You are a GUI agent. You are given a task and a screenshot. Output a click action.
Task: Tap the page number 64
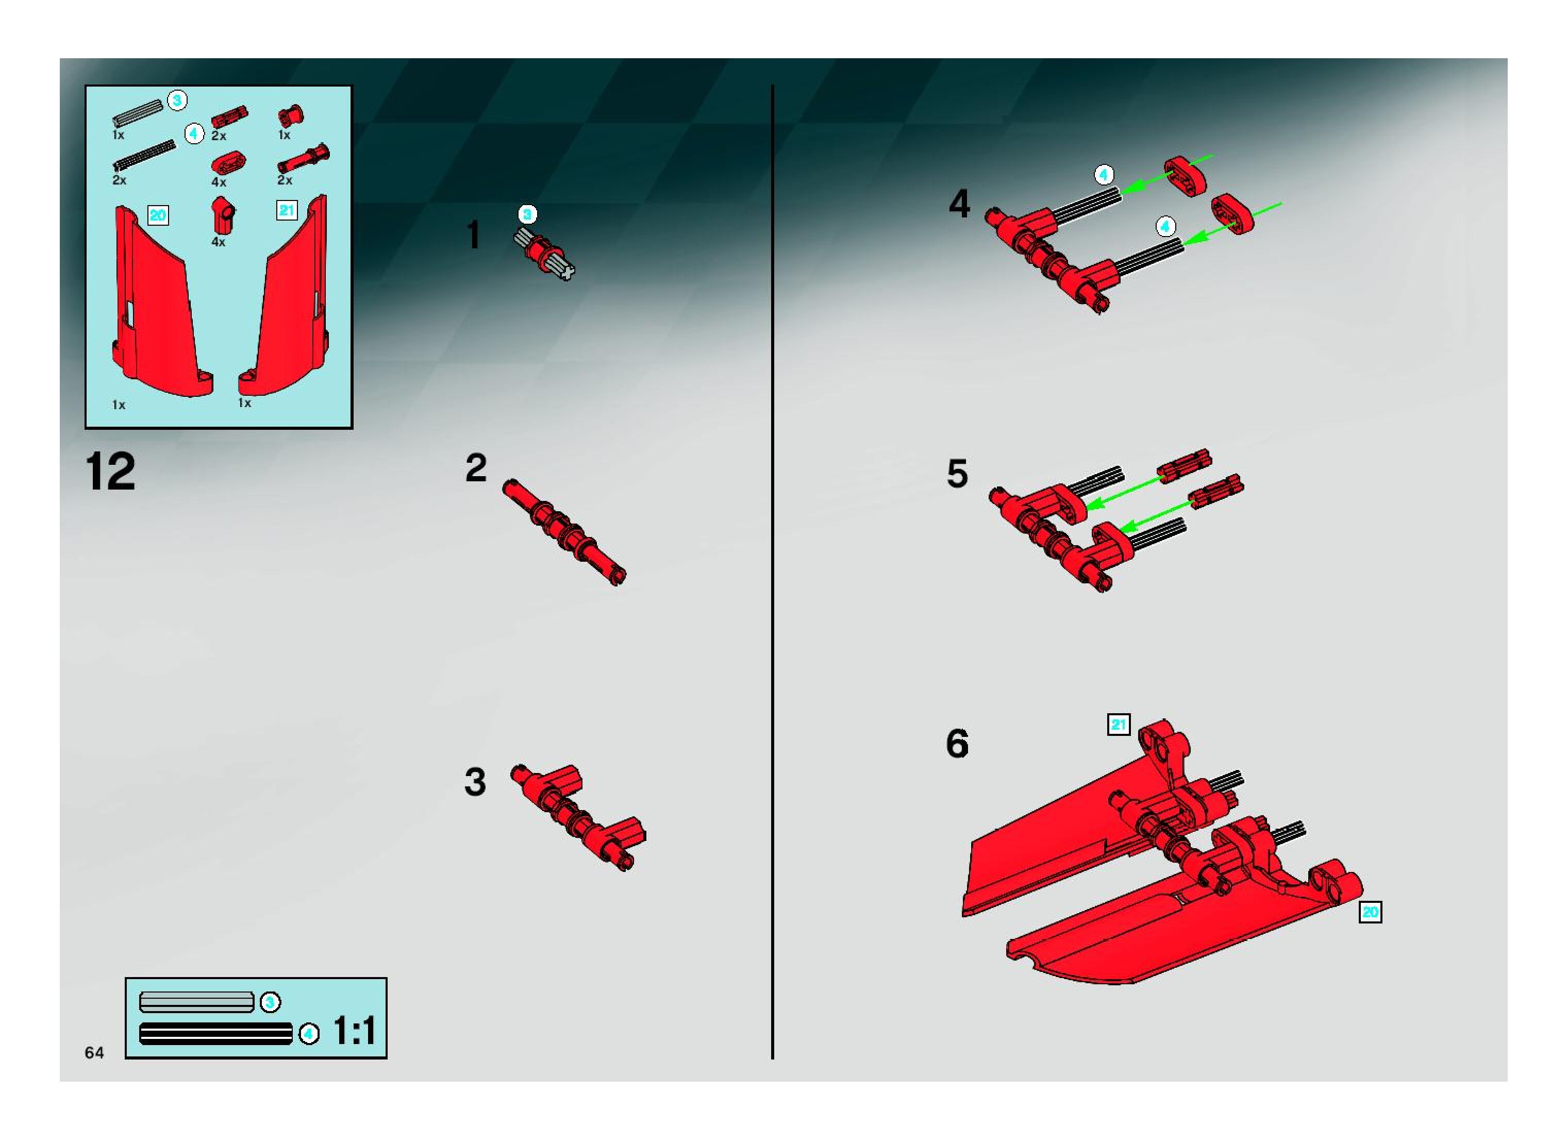coord(94,1052)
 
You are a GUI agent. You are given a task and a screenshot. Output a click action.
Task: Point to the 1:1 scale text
coord(355,1031)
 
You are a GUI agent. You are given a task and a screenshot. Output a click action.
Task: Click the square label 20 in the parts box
coord(158,215)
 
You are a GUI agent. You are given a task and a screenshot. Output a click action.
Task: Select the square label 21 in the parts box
coord(287,210)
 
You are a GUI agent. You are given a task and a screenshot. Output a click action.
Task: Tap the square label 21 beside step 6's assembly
coord(1119,725)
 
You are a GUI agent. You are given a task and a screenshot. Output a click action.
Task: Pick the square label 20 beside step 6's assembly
coord(1371,912)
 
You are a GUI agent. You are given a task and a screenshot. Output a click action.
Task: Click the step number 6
coord(957,744)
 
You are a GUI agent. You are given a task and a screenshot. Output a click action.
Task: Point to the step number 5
coord(957,474)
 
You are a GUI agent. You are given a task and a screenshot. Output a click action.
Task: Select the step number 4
coord(959,204)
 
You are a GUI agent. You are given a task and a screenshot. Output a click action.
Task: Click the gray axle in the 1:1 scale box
coord(196,1002)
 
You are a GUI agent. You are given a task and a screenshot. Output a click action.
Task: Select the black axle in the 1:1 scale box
coord(216,1034)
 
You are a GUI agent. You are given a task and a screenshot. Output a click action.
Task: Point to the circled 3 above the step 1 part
coord(527,214)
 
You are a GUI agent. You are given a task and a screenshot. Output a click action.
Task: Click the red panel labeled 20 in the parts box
coord(161,303)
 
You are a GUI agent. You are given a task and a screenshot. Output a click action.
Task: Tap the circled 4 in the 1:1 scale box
coord(309,1034)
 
